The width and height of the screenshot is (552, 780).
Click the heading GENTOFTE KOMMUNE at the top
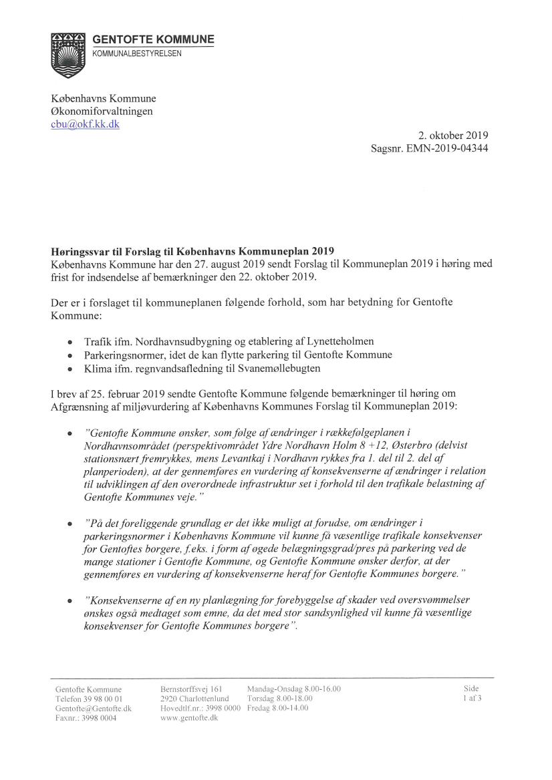[x=153, y=39]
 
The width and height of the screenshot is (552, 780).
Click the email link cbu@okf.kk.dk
[x=85, y=124]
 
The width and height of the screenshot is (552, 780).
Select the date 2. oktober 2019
[x=448, y=136]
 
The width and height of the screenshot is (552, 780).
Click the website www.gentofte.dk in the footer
[x=190, y=717]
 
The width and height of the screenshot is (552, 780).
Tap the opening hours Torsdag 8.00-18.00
[x=280, y=699]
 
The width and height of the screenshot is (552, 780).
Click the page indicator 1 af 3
[x=472, y=699]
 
